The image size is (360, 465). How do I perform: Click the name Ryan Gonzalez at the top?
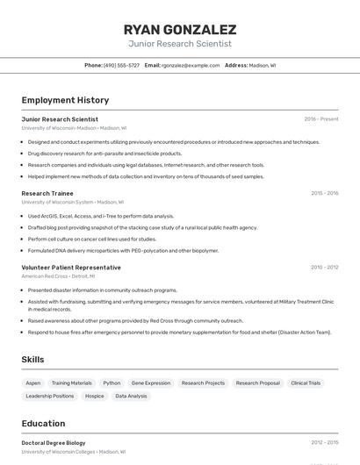pos(180,29)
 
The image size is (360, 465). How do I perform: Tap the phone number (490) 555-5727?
pos(121,66)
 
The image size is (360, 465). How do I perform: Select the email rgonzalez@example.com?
pos(190,66)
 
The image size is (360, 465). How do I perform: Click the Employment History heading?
pos(65,101)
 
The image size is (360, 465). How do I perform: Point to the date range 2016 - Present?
pos(320,119)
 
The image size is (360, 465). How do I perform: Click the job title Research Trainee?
pos(47,193)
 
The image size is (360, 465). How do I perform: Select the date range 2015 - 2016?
pos(324,193)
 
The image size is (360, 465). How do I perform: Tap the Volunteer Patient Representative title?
pos(71,268)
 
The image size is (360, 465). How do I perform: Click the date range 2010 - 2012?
pos(324,268)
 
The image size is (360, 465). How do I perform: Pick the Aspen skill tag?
pos(33,383)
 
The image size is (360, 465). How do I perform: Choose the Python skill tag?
pos(112,383)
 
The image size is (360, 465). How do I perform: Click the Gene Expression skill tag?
pos(151,383)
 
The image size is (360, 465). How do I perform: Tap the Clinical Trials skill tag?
pos(306,383)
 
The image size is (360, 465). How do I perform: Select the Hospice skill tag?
pos(95,397)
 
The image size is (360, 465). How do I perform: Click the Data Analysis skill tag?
pos(132,397)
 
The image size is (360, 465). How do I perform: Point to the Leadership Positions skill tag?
pos(50,397)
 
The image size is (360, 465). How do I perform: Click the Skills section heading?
pos(33,360)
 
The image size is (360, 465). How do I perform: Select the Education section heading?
pos(43,424)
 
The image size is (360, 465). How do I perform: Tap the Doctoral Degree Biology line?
pos(54,443)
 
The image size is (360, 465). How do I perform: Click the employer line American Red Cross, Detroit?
pos(58,276)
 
